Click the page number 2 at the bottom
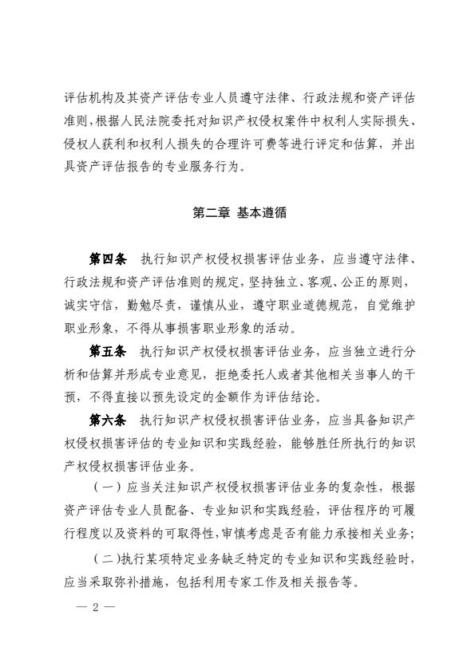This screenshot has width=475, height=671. coord(94,606)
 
